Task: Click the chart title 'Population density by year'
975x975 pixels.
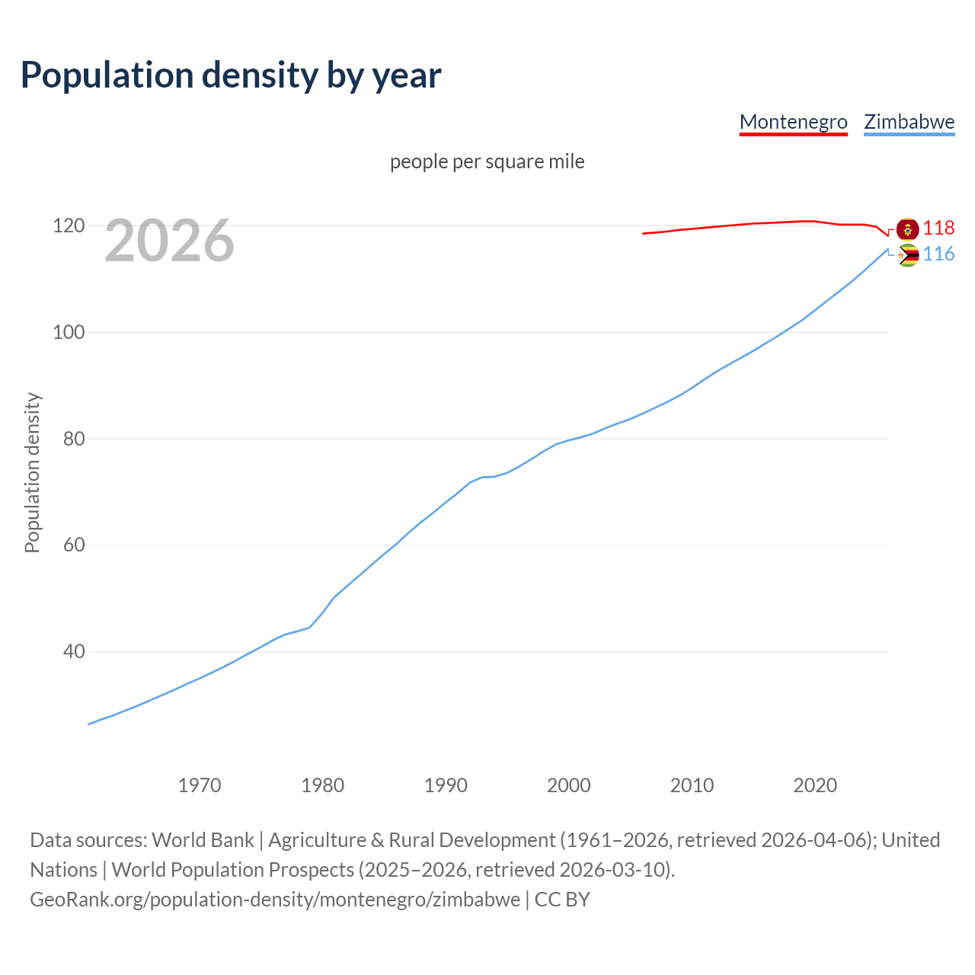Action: coord(231,75)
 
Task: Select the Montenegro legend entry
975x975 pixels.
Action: coord(793,122)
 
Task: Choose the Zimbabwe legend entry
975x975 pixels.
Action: coord(909,122)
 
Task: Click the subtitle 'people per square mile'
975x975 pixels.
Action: coord(487,161)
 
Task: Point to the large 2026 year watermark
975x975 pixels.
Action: coord(169,241)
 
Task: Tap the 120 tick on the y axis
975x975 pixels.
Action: coord(68,226)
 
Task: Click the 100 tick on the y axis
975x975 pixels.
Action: coord(68,333)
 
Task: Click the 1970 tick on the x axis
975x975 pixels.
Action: coord(200,785)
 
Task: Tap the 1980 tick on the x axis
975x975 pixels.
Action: coord(323,785)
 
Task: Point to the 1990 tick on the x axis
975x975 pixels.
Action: coord(446,785)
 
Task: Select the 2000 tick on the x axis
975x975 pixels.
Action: coord(569,785)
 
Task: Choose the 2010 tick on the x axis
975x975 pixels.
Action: coord(692,785)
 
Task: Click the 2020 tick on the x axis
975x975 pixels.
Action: coord(815,785)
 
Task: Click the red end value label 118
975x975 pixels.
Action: coord(938,228)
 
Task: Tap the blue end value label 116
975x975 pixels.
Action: coord(938,254)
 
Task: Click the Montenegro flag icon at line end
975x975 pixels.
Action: coord(908,229)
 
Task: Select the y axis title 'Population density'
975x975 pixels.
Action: coord(32,472)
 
